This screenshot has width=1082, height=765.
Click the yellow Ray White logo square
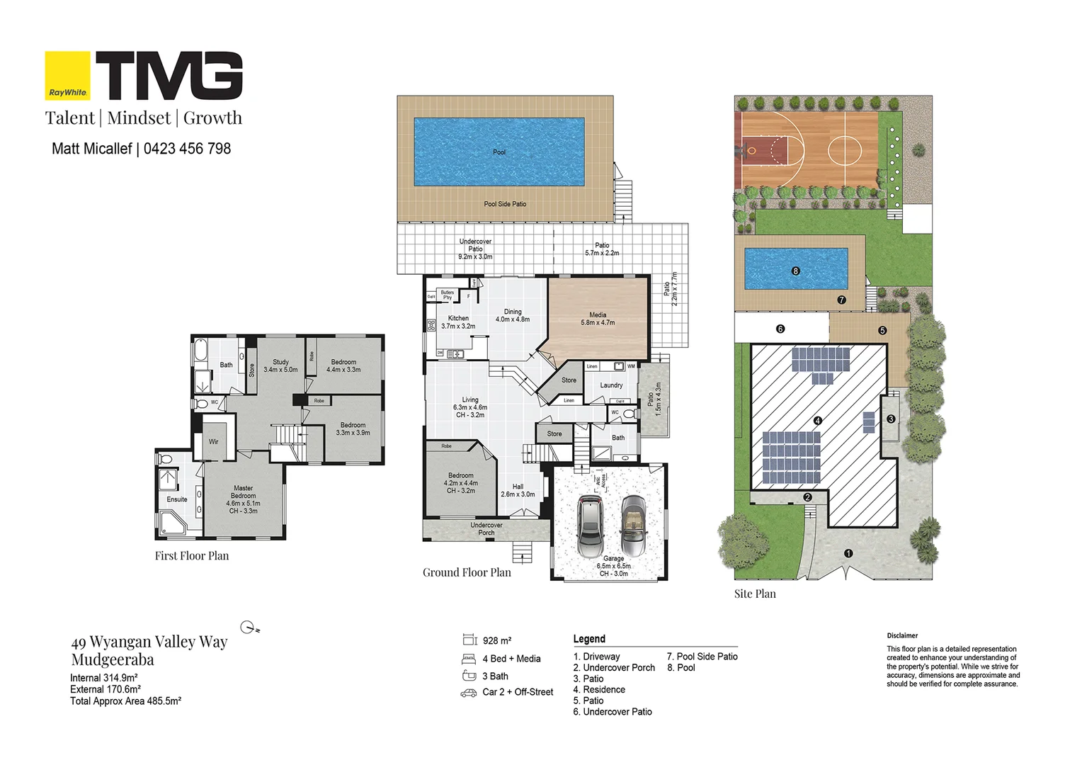[x=67, y=75]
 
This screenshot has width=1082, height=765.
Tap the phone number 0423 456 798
[x=187, y=149]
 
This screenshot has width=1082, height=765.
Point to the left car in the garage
[x=591, y=525]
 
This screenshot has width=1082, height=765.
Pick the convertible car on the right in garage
[x=633, y=525]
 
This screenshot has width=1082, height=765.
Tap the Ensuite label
[x=177, y=499]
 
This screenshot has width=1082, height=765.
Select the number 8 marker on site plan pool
[x=796, y=271]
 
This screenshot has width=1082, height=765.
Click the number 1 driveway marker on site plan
[x=848, y=553]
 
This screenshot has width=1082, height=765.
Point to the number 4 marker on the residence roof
[x=817, y=421]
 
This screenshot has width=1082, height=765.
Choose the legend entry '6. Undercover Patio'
[x=613, y=712]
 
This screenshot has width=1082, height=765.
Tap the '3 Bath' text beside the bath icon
[x=495, y=676]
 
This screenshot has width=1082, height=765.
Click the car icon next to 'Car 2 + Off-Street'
[x=468, y=693]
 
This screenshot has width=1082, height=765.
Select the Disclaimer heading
[x=902, y=636]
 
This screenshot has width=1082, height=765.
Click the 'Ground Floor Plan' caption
[x=467, y=572]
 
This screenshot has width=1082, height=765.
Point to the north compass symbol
[x=249, y=627]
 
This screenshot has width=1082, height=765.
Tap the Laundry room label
[x=611, y=385]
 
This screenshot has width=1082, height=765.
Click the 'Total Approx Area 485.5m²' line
[x=125, y=701]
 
